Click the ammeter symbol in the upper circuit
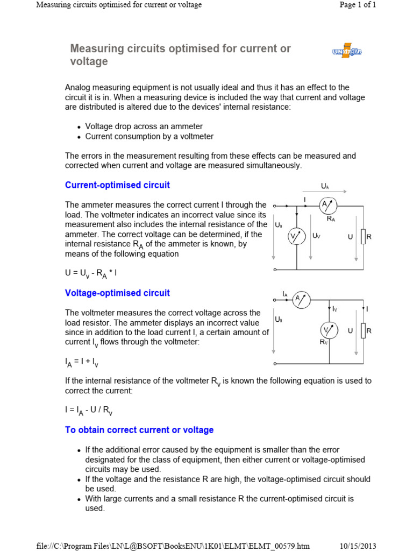[328, 206]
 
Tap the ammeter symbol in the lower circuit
[301, 300]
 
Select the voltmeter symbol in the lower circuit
[328, 330]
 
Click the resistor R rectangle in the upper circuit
[364, 236]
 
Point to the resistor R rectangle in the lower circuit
[364, 330]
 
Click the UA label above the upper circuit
[325, 186]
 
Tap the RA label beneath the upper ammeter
[331, 219]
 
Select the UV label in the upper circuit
[316, 236]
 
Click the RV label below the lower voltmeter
[323, 342]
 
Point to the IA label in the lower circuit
[285, 294]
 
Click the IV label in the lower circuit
[334, 309]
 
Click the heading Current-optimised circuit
[117, 185]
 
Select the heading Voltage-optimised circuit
[117, 293]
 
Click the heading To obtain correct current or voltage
[139, 430]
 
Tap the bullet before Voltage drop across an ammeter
[79, 127]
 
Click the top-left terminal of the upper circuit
[275, 206]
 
